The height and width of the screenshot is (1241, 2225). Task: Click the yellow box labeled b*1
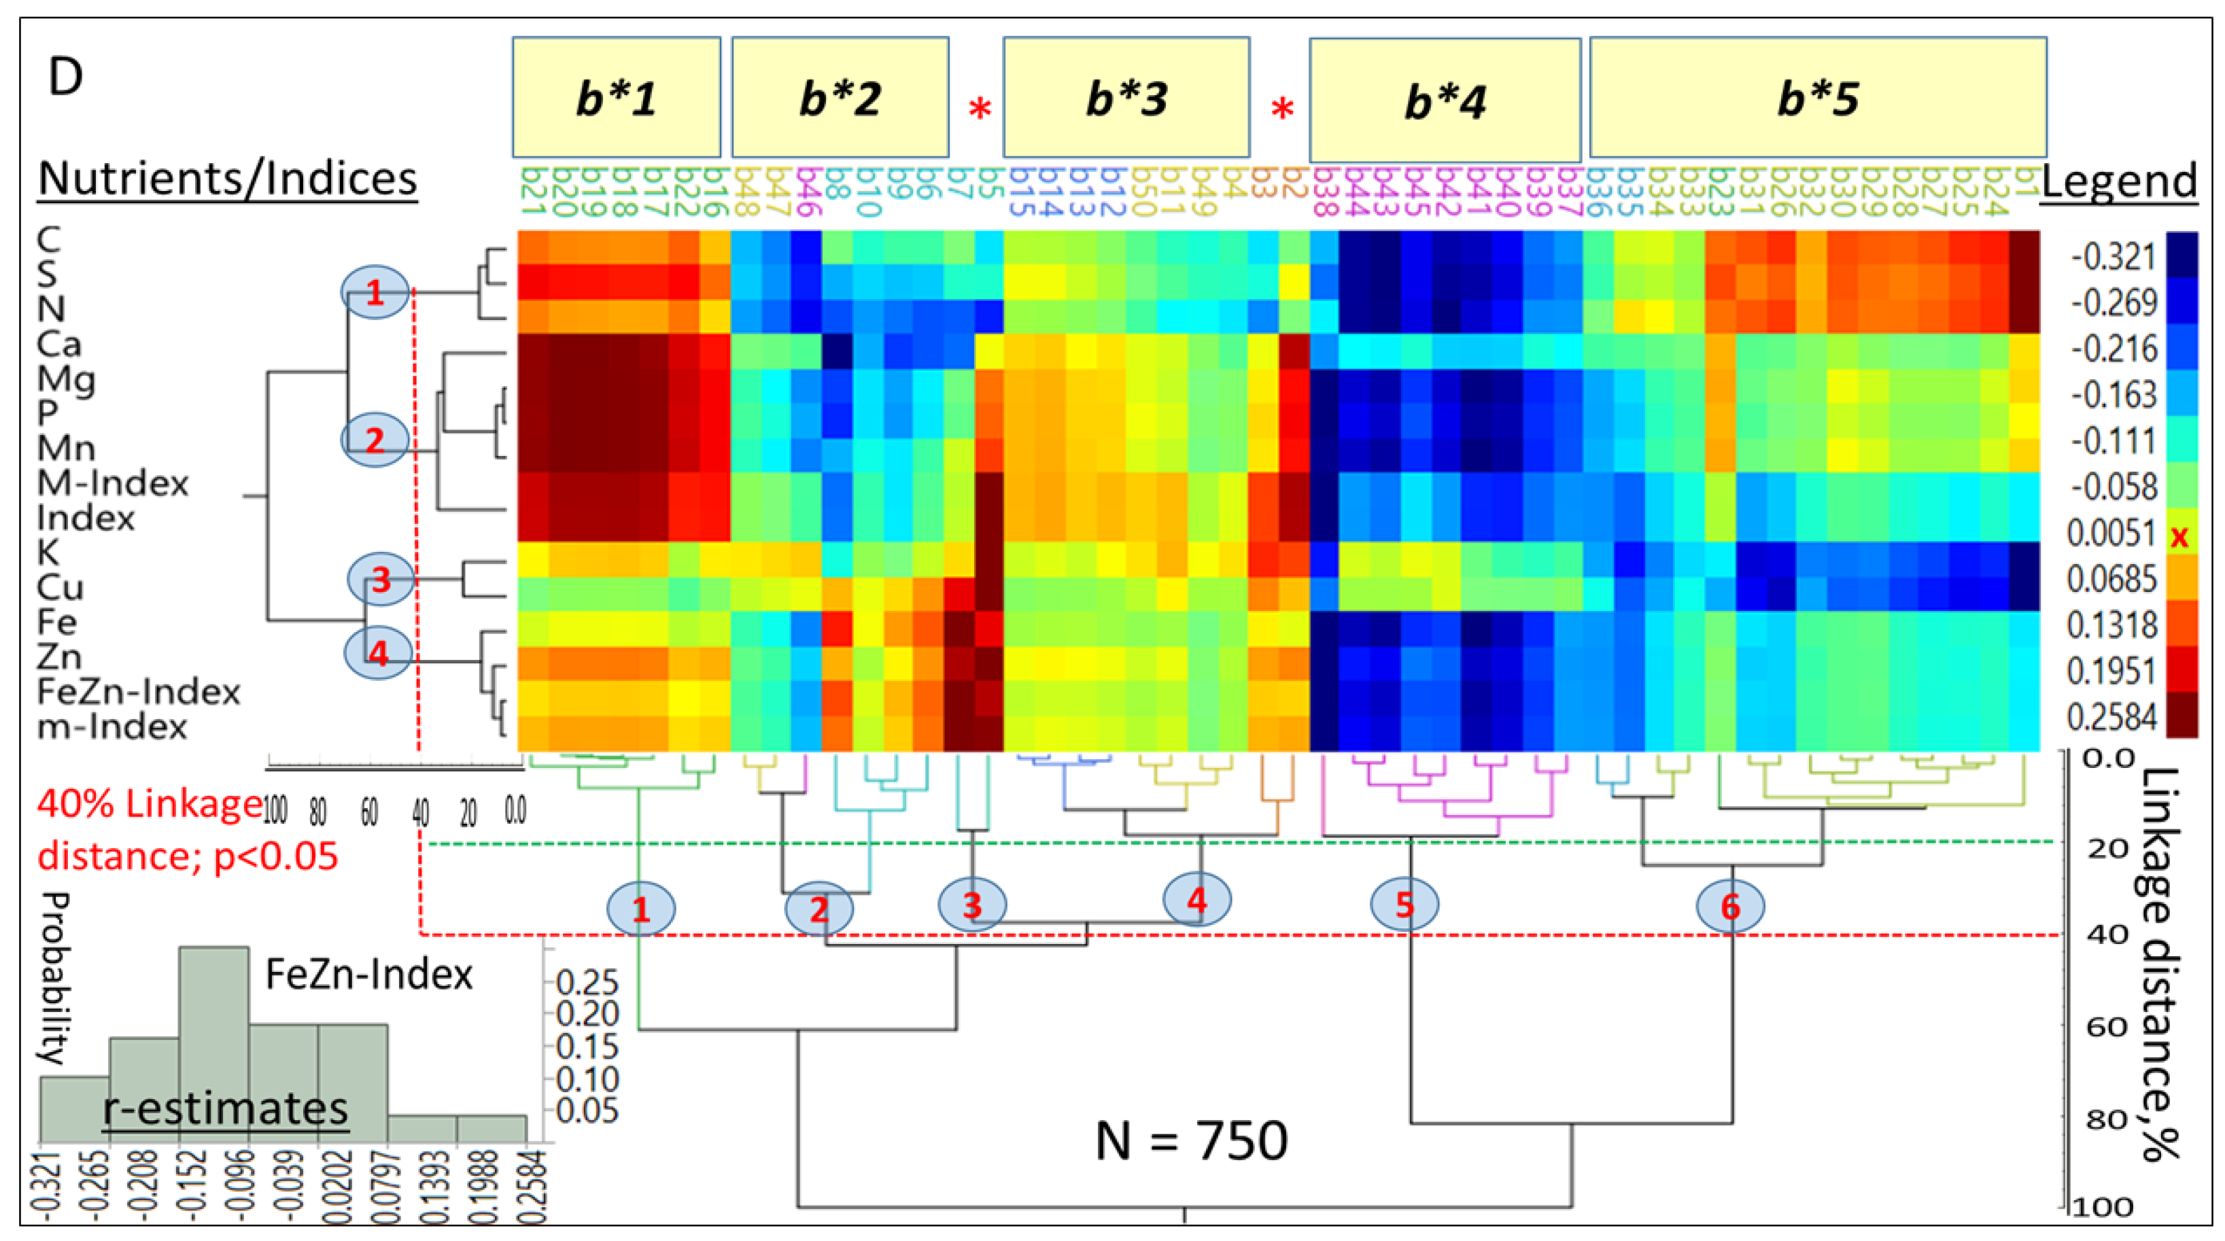[x=616, y=98]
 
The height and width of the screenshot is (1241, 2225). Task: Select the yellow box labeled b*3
[x=1126, y=98]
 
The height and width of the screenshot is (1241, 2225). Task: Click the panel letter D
[x=66, y=77]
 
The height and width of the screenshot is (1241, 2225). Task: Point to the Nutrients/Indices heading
[x=227, y=179]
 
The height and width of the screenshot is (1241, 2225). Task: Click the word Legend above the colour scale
[x=2118, y=182]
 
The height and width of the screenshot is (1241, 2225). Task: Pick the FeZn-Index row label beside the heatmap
[x=138, y=692]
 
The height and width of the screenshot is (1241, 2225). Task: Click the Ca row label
[x=58, y=345]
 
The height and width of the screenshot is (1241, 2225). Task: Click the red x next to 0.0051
[x=2179, y=537]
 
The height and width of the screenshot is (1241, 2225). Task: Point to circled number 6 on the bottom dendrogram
[x=1730, y=907]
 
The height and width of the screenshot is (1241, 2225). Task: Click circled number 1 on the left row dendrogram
[x=374, y=293]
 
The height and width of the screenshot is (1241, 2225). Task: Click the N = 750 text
[x=1191, y=1140]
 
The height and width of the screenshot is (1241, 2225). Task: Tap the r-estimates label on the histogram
[x=226, y=1108]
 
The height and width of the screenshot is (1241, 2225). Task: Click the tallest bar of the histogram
[x=214, y=1045]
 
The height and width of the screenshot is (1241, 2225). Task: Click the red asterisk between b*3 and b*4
[x=1282, y=109]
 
